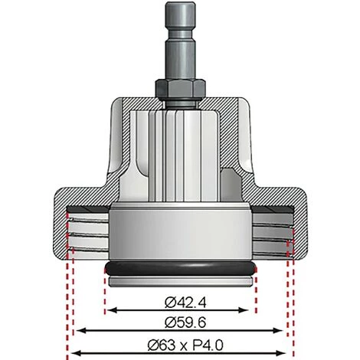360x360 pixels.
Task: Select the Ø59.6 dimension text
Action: tap(179, 321)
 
